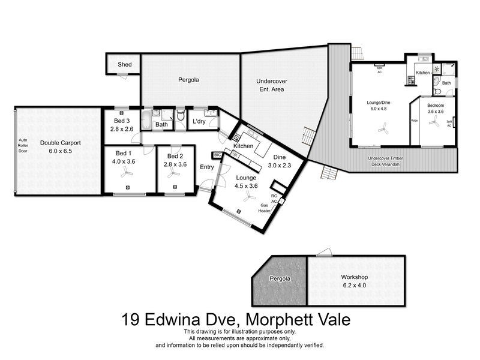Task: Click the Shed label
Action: (x=124, y=64)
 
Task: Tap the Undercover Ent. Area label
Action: (x=270, y=85)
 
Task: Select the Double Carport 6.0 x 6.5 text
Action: (x=60, y=147)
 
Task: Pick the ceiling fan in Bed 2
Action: (x=175, y=173)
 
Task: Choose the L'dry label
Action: (x=199, y=122)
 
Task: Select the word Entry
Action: (x=206, y=167)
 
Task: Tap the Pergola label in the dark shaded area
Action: (x=280, y=279)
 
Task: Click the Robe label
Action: (x=414, y=121)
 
